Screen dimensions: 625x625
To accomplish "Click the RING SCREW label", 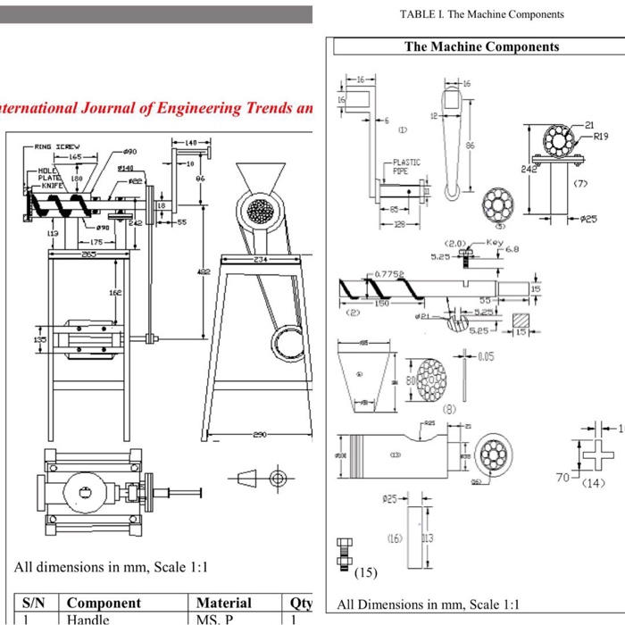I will pyautogui.click(x=56, y=146).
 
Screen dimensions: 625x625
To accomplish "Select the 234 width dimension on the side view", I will pyautogui.click(x=259, y=259).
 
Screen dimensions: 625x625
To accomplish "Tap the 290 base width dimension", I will pyautogui.click(x=259, y=435).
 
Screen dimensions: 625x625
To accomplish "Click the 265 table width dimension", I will pyautogui.click(x=89, y=254).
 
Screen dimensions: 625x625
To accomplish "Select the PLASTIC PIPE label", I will pyautogui.click(x=406, y=167).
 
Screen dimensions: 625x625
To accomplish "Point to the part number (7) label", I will pyautogui.click(x=581, y=183).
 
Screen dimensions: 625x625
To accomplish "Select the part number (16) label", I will pyautogui.click(x=395, y=538).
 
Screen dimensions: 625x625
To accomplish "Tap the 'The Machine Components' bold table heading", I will pyautogui.click(x=481, y=47).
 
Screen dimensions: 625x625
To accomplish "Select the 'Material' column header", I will pyautogui.click(x=223, y=604).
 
